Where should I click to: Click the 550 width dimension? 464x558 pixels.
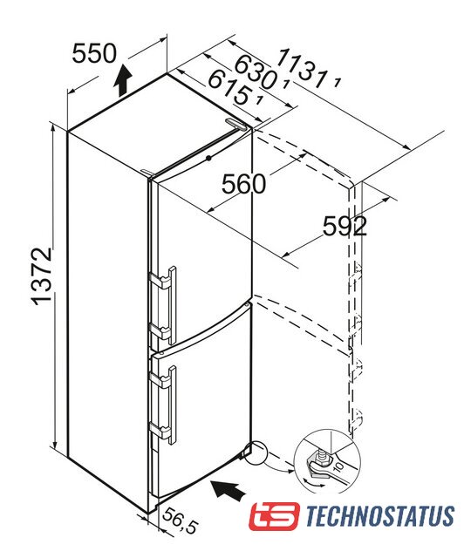tap(94, 53)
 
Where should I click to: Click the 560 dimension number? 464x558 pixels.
tap(244, 184)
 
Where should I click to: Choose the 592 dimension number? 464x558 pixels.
tap(345, 226)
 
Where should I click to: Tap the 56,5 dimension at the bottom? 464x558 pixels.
tap(181, 521)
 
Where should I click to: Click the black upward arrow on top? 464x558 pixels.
tap(124, 80)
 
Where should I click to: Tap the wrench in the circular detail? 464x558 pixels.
tap(328, 471)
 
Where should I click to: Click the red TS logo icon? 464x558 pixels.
tap(274, 516)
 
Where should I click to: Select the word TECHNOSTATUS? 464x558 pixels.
tap(380, 516)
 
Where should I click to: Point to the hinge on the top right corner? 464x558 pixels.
tap(235, 124)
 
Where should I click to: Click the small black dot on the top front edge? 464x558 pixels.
tap(208, 158)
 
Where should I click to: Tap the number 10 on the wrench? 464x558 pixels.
tap(338, 466)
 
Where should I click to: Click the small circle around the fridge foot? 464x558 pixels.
tap(255, 453)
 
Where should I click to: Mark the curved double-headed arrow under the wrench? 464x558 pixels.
tap(313, 483)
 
